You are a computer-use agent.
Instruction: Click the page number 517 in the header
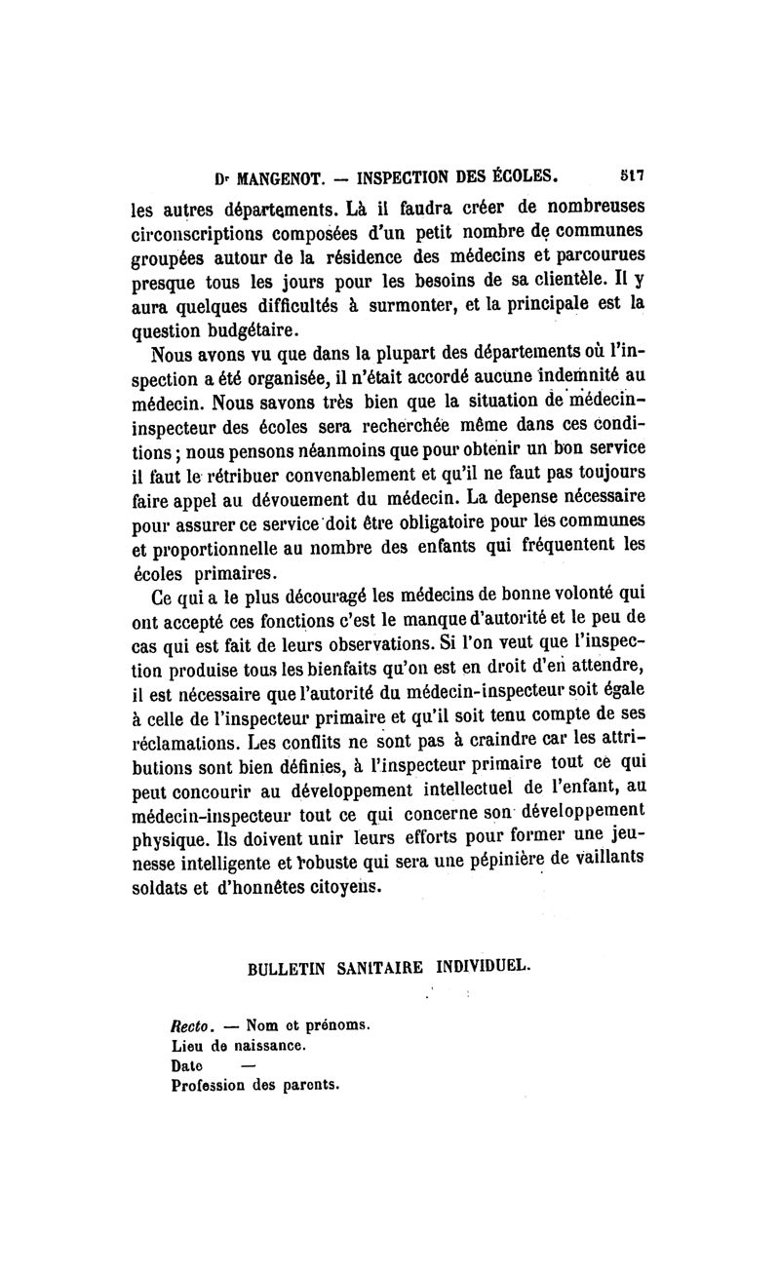(635, 178)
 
